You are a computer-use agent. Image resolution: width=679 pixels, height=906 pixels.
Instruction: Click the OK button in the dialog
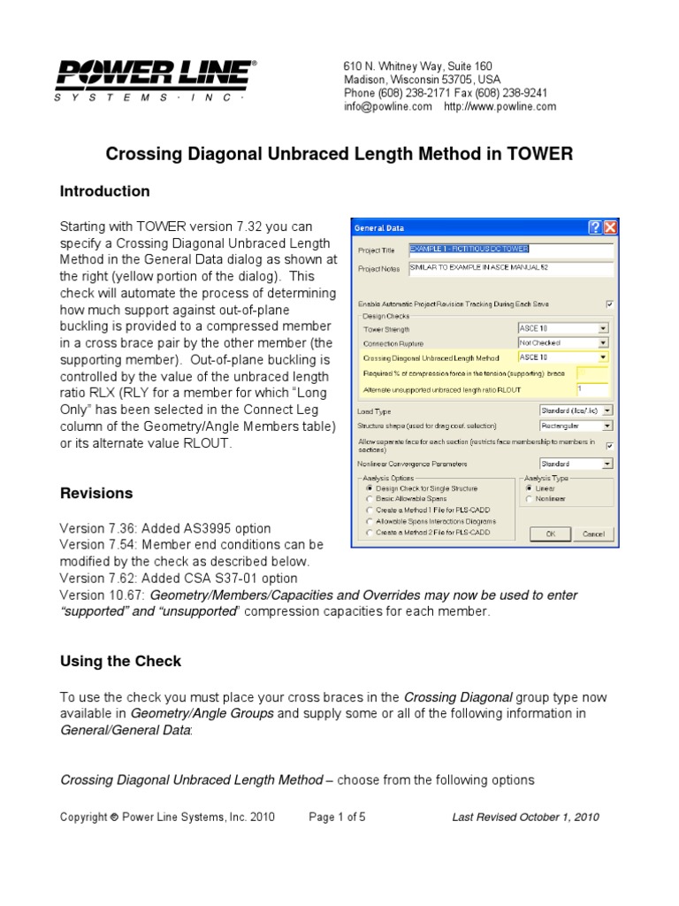tap(550, 534)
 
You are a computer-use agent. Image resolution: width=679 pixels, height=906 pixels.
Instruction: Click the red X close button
tap(610, 227)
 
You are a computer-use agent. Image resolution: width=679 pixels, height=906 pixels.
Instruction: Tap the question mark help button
tap(595, 227)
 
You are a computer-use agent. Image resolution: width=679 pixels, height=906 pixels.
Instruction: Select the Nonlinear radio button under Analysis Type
tap(529, 499)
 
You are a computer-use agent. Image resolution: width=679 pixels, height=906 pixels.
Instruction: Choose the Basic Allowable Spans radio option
tap(370, 499)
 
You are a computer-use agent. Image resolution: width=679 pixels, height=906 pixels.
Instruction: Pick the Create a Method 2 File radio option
tap(370, 534)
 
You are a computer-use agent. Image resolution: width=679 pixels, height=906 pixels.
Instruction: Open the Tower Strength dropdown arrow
tap(603, 328)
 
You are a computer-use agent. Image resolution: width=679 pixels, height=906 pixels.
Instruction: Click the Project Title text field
tap(509, 250)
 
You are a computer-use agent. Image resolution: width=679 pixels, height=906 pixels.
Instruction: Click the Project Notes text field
tap(509, 267)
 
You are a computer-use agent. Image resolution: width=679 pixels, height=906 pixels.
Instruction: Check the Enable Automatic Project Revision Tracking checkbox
tap(609, 303)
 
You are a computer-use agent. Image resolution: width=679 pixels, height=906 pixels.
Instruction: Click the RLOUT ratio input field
tap(591, 388)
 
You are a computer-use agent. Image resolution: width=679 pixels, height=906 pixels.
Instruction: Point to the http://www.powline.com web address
tap(500, 106)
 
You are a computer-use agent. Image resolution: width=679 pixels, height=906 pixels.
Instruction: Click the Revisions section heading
tap(96, 493)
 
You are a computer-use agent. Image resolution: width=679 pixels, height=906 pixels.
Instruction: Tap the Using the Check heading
tap(120, 661)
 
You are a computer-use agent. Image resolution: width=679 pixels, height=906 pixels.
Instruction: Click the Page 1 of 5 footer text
tap(337, 817)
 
